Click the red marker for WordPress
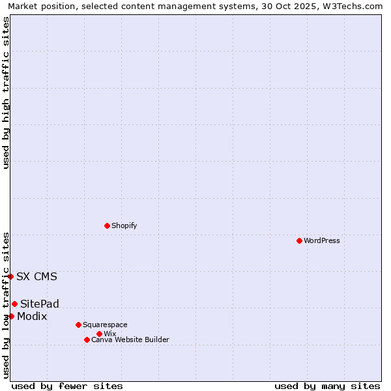(x=299, y=240)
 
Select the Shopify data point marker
(x=107, y=225)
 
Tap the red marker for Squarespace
(x=78, y=325)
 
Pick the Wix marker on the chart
(x=99, y=334)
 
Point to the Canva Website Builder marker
(x=87, y=340)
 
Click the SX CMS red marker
(x=10, y=276)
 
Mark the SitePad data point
(x=14, y=304)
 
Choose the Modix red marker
(x=11, y=316)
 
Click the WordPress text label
(x=322, y=240)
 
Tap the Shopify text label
(x=124, y=225)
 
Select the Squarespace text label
(x=105, y=325)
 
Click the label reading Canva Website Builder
(x=130, y=340)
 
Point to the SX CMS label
(x=36, y=276)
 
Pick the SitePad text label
(x=39, y=304)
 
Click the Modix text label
(x=32, y=316)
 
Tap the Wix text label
(x=109, y=334)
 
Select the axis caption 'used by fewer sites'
(x=67, y=386)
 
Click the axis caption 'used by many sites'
(x=327, y=386)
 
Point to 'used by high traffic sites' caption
(x=6, y=93)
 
